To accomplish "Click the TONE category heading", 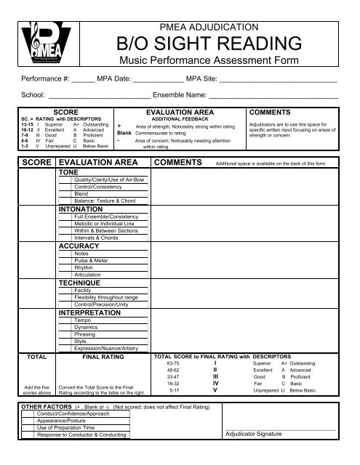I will point(68,173).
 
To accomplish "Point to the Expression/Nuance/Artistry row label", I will point(107,347).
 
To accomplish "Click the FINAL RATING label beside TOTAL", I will point(103,357).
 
